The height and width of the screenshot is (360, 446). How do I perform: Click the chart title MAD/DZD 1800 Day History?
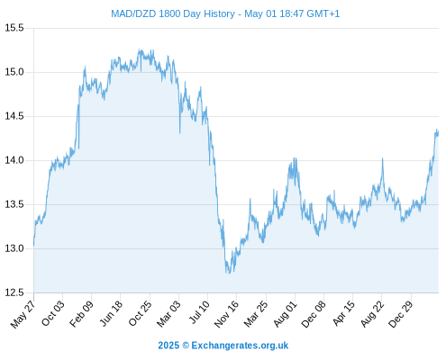tap(173, 13)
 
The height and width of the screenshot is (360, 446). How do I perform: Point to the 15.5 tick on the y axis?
tap(14, 28)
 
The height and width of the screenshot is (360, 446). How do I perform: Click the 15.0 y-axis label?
tap(14, 72)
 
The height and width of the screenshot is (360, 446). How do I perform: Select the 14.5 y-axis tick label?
tap(14, 116)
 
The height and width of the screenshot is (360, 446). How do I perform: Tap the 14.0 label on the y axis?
tap(14, 160)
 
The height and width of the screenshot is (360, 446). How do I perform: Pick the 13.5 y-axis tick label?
tap(14, 204)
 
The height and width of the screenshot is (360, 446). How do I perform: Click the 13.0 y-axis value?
tap(14, 248)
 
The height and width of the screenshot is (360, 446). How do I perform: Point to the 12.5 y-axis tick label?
tap(14, 292)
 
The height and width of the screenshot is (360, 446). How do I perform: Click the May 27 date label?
tap(23, 314)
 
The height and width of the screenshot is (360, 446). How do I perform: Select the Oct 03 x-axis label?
tap(53, 313)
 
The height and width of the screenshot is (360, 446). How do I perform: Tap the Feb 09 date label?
tap(81, 314)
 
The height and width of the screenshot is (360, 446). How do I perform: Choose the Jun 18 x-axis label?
tap(111, 313)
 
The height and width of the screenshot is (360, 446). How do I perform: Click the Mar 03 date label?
tap(168, 314)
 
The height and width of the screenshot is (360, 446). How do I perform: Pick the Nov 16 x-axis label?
tap(227, 314)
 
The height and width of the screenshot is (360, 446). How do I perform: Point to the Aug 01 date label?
tap(285, 314)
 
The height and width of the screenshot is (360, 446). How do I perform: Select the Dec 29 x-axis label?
tap(401, 314)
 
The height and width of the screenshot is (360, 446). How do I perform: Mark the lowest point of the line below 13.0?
tap(229, 274)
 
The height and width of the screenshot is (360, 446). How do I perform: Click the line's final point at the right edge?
tap(438, 131)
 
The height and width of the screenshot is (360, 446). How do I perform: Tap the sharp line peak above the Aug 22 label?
tap(382, 158)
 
